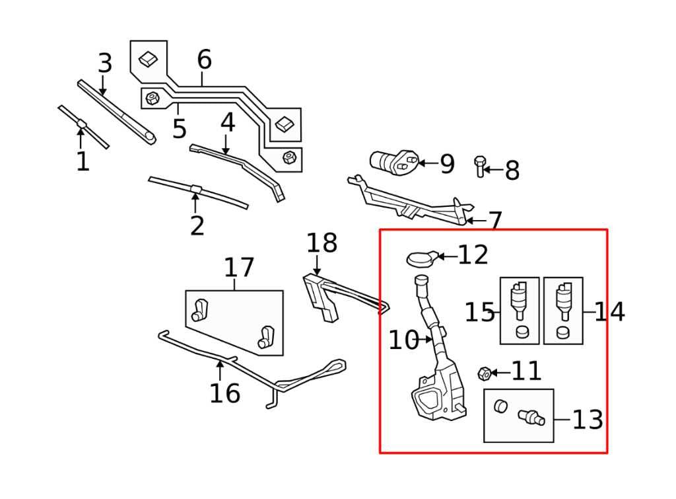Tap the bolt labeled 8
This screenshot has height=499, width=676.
tap(480, 167)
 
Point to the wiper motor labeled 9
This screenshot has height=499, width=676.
tap(393, 163)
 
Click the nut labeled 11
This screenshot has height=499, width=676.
tap(485, 373)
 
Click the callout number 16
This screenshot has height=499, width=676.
tap(224, 393)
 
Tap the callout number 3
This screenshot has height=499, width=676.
tap(105, 63)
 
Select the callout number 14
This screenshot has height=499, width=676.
tap(609, 311)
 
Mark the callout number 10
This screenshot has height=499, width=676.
tap(403, 340)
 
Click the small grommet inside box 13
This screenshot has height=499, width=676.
tap(500, 406)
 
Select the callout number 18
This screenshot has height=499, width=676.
tap(321, 243)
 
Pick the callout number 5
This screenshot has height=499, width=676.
tap(180, 128)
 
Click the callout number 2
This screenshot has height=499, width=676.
tap(197, 225)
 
